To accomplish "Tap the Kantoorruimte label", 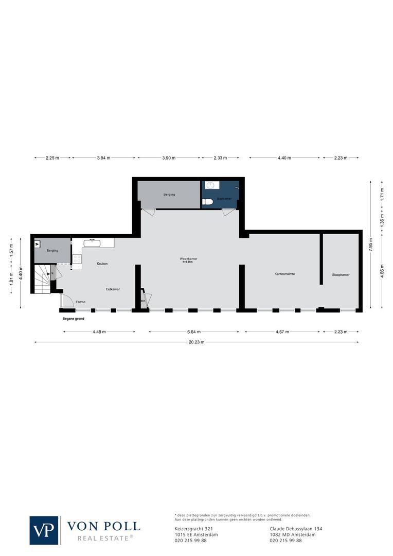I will pyautogui.click(x=284, y=274).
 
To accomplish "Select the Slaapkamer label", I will pyautogui.click(x=341, y=275).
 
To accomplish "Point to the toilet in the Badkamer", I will pyautogui.click(x=207, y=202).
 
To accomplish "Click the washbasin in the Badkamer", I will pyautogui.click(x=210, y=186).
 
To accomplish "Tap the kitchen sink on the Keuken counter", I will pyautogui.click(x=92, y=242).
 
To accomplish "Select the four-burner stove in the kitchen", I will pyautogui.click(x=77, y=259).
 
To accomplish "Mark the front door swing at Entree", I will pyautogui.click(x=67, y=302).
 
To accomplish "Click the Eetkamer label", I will pyautogui.click(x=113, y=289).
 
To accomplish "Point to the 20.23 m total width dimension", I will pyautogui.click(x=196, y=342).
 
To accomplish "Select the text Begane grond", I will pyautogui.click(x=74, y=319).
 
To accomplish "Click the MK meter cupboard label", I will pyautogui.click(x=143, y=301).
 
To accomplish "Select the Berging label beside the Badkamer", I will pyautogui.click(x=169, y=195).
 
